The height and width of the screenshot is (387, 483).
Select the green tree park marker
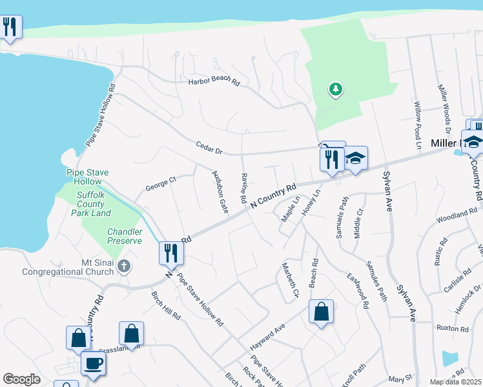335,89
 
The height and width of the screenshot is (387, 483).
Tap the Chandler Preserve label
125,236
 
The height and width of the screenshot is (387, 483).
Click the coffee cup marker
94,362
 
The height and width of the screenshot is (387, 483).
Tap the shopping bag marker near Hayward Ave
321,312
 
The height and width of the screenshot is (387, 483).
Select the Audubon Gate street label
220,192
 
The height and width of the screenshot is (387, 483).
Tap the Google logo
21,379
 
